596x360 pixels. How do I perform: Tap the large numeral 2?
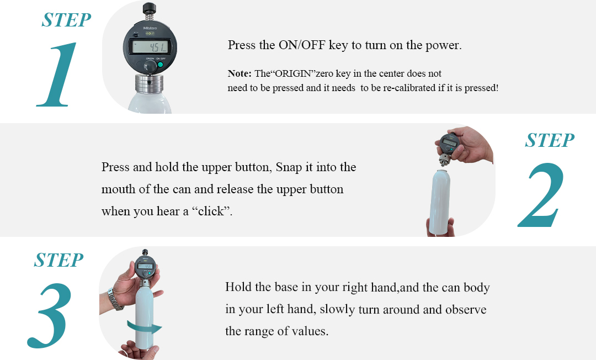(x=541, y=195)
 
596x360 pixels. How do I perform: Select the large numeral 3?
(x=50, y=315)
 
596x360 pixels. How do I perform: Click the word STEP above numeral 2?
(x=550, y=140)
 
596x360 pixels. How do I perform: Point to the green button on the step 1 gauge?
(x=161, y=65)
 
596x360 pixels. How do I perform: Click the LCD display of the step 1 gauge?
(x=150, y=47)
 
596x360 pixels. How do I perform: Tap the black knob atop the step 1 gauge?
(x=148, y=8)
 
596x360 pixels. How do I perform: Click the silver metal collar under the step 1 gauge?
(x=150, y=83)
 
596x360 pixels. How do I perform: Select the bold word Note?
(x=240, y=73)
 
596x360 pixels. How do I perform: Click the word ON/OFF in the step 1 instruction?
(x=302, y=45)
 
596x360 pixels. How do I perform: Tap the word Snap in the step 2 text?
(x=289, y=168)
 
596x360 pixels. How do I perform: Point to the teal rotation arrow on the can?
(x=145, y=327)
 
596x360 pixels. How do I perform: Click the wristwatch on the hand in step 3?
(x=115, y=299)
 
